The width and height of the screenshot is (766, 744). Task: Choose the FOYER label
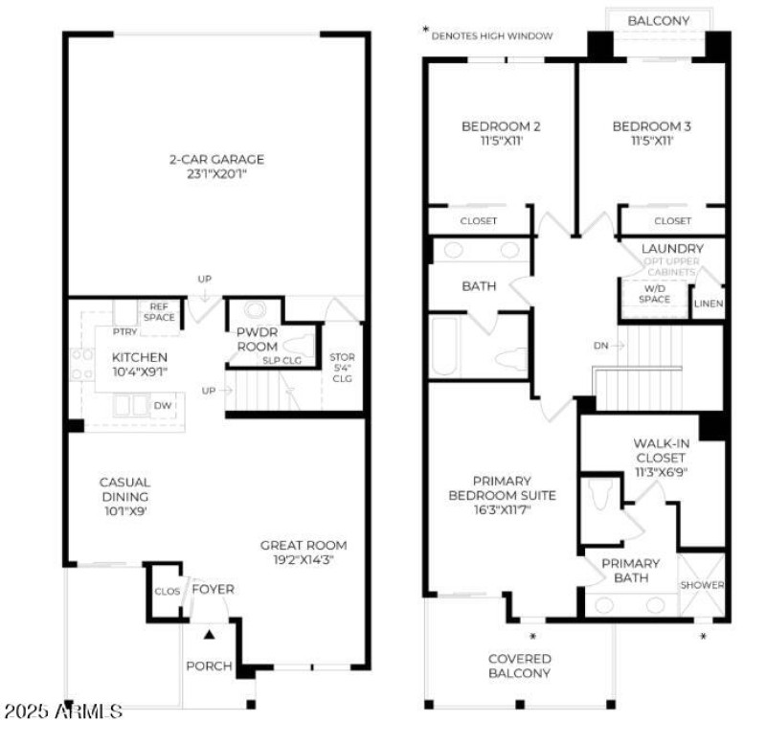213,589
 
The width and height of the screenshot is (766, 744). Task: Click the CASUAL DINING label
125,489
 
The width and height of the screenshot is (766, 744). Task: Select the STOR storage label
342,357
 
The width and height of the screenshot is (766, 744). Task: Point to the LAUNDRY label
672,248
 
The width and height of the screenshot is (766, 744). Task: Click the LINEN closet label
709,304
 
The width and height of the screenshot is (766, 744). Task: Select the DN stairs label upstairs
599,345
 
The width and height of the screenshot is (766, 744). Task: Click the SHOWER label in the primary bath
702,585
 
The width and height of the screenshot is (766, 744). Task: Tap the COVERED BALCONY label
520,665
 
